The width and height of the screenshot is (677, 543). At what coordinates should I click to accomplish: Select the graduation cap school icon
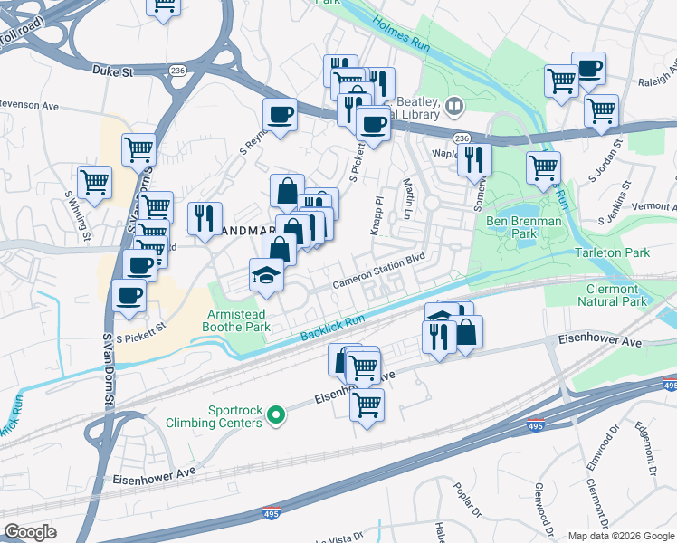pyautogui.click(x=267, y=273)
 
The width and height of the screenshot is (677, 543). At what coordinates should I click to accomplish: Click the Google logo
pyautogui.click(x=30, y=532)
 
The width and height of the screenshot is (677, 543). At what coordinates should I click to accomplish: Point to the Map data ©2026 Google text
pyautogui.click(x=621, y=536)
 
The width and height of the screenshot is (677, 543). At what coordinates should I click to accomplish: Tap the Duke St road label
pyautogui.click(x=113, y=69)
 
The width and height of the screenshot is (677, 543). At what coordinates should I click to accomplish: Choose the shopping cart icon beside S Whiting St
pyautogui.click(x=94, y=182)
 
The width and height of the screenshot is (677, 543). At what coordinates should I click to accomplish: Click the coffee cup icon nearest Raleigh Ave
pyautogui.click(x=588, y=68)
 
